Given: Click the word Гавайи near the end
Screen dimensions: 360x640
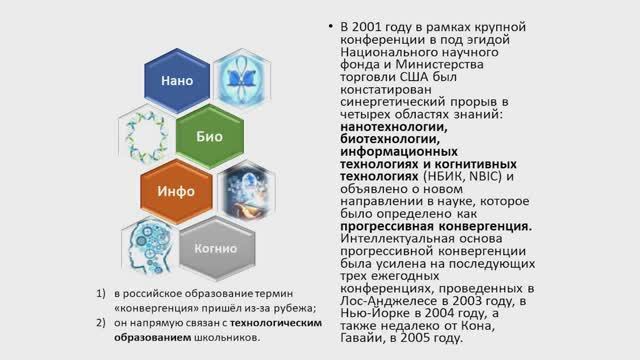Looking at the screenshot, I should point(367,338).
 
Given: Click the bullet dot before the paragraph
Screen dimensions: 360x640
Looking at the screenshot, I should point(330,25).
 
